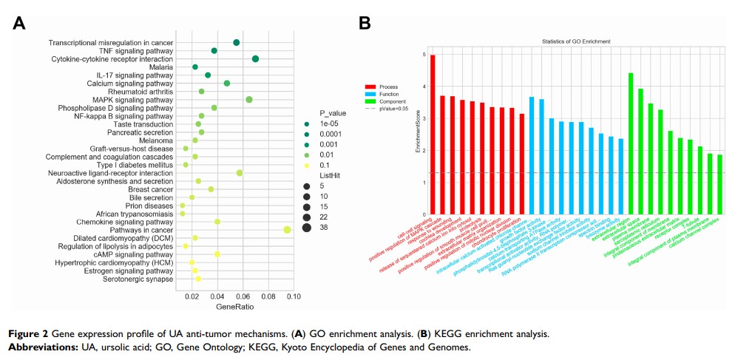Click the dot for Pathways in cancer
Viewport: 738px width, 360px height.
coord(286,230)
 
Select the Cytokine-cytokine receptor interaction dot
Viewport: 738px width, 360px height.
coord(255,58)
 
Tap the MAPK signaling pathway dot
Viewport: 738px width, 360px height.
coord(249,100)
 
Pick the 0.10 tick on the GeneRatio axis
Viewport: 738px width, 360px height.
coord(293,296)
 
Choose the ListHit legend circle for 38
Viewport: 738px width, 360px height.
coord(306,228)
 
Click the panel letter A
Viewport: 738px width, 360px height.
coord(20,24)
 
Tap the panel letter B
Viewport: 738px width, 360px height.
coord(365,24)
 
